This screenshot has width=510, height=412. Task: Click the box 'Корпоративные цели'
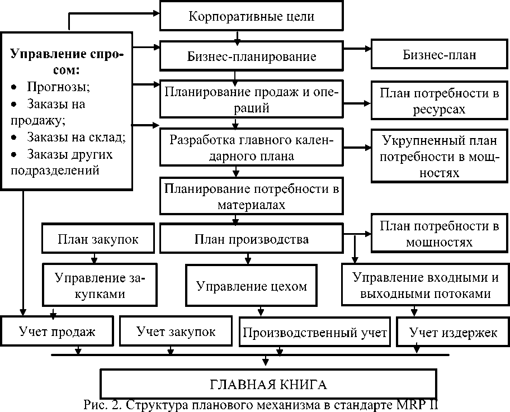251,16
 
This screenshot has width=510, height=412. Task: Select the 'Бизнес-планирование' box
251,56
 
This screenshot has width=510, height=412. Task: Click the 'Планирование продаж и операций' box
251,100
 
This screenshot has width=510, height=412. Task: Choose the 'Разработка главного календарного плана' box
251,148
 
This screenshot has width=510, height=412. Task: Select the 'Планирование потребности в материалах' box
251,196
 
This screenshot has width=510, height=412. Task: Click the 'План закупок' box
98,239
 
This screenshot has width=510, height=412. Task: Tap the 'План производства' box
251,240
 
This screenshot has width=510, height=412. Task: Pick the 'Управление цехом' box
251,286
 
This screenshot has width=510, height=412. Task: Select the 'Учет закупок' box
176,332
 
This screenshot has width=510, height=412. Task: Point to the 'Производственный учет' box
315,334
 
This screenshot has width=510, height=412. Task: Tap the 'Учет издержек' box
453,334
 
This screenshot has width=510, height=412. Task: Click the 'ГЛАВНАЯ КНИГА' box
268,385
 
